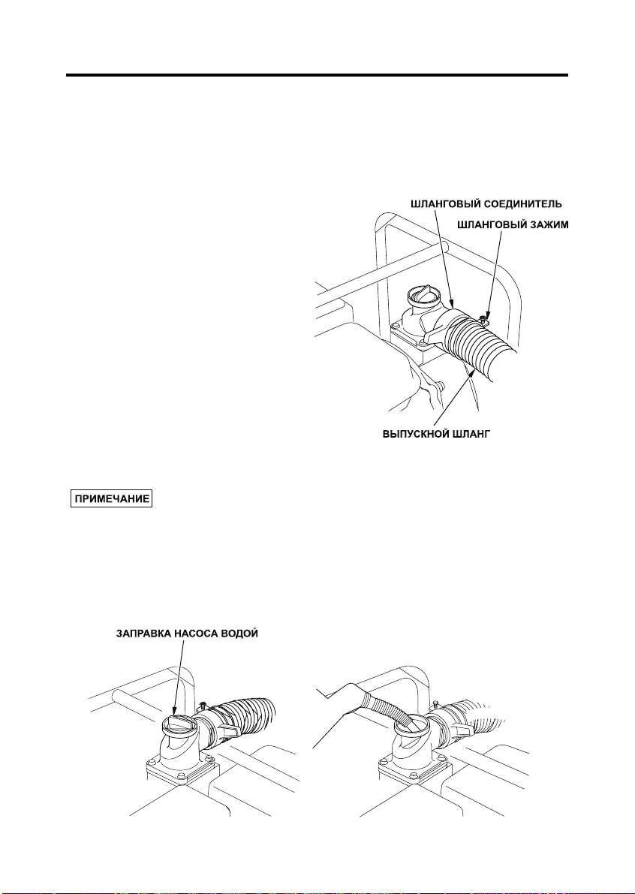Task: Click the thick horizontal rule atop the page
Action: pos(317,75)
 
